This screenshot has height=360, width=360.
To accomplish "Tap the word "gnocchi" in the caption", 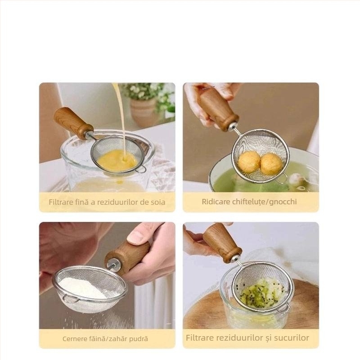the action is coord(283,202).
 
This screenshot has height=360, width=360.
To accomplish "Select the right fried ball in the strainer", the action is coord(271,163).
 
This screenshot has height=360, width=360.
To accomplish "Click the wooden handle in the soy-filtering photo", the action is coord(73,123).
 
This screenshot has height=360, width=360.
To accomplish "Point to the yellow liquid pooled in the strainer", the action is coord(117,160).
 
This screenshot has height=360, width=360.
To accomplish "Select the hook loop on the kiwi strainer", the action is coord(284,309).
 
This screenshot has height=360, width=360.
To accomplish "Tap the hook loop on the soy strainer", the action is coord(140,169).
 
